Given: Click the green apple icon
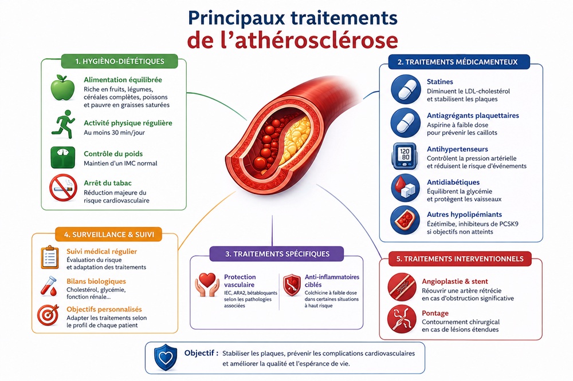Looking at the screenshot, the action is click(x=62, y=88).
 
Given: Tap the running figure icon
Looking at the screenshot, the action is click(x=63, y=124).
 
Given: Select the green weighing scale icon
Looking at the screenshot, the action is click(x=63, y=157).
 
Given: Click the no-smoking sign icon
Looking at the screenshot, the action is click(x=63, y=188).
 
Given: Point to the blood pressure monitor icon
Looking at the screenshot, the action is click(x=405, y=156).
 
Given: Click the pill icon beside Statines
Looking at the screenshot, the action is click(x=406, y=89).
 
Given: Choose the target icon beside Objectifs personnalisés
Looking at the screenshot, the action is click(x=48, y=315).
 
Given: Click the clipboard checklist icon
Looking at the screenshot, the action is click(x=49, y=257).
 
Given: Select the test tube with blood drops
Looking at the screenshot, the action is click(x=49, y=286).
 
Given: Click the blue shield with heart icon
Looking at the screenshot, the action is click(x=166, y=358).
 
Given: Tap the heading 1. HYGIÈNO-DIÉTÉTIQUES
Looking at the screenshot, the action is click(x=120, y=61).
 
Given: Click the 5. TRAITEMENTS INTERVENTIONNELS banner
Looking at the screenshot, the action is click(x=460, y=259).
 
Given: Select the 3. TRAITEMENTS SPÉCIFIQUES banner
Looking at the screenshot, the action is click(x=277, y=254).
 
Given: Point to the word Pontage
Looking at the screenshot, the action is click(x=435, y=313).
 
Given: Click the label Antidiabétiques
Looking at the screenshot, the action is click(x=453, y=182).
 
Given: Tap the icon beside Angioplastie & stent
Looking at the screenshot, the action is click(x=402, y=287).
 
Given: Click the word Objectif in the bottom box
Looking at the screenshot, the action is click(x=199, y=353).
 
